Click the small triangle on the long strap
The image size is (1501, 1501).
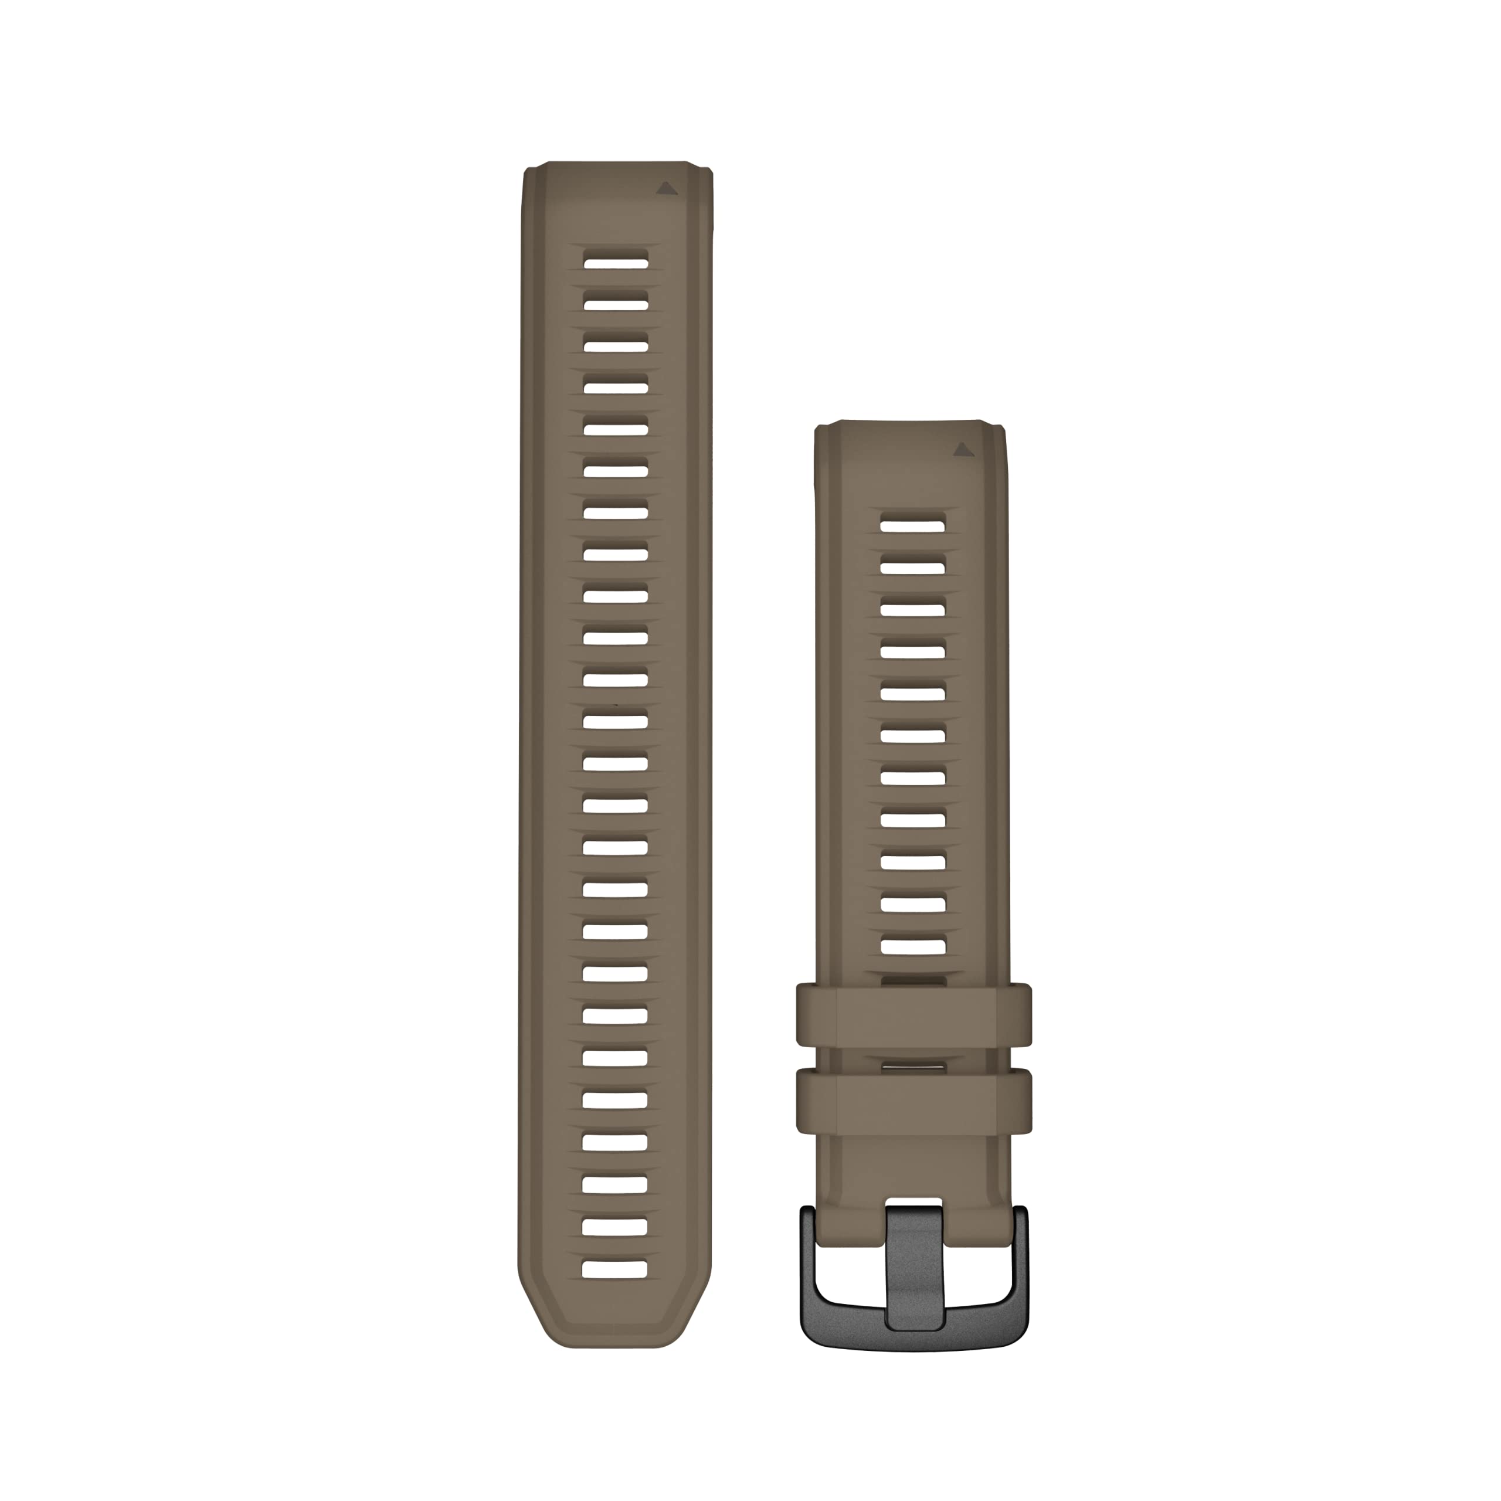pos(666,188)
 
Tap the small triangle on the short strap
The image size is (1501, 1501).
pos(963,449)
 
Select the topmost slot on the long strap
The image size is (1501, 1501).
pos(616,260)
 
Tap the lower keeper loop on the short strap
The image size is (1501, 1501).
pos(913,1100)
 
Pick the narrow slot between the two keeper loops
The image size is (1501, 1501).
pos(913,1061)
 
